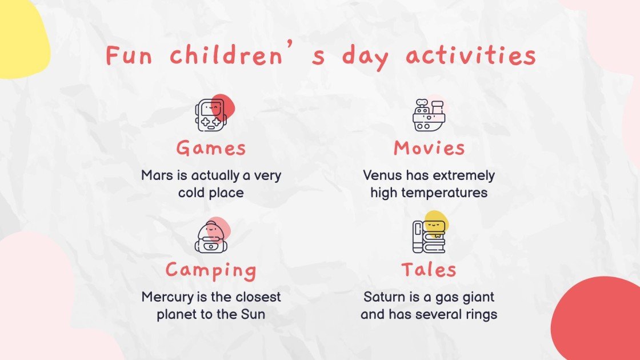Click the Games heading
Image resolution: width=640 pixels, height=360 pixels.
(211, 148)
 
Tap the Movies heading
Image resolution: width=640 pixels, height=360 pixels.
(429, 148)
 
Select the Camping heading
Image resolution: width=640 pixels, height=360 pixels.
(211, 270)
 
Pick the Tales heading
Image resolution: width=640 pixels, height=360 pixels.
(429, 270)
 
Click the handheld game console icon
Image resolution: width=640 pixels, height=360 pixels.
(211, 114)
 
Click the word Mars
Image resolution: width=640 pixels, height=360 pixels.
(156, 175)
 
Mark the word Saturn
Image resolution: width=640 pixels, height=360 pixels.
(381, 297)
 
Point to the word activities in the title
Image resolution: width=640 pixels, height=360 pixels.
(471, 56)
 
